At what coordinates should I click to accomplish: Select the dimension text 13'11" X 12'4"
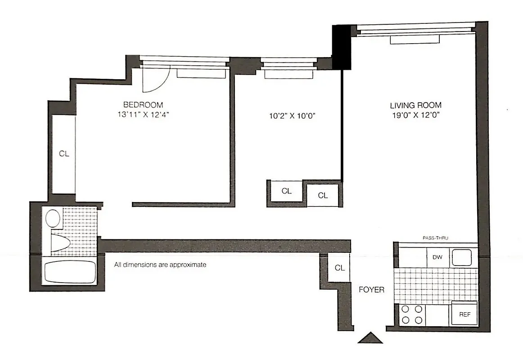[x=142, y=115]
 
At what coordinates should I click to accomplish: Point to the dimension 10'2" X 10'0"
[x=292, y=116]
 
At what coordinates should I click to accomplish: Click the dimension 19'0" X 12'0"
[x=415, y=115]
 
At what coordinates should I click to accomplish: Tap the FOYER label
[x=371, y=290]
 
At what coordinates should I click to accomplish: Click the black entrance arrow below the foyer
[x=370, y=337]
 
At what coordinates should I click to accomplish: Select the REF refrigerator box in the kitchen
[x=464, y=314]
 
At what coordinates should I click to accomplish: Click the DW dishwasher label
[x=437, y=258]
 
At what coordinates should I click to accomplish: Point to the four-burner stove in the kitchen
[x=412, y=315]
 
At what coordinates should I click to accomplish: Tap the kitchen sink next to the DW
[x=462, y=258]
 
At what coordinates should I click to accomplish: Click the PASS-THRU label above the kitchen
[x=435, y=238]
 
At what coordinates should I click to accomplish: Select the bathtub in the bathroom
[x=70, y=271]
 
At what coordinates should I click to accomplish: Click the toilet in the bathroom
[x=59, y=243]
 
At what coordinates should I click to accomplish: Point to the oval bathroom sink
[x=54, y=218]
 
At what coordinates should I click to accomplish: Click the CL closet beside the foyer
[x=340, y=268]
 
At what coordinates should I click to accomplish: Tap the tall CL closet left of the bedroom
[x=64, y=153]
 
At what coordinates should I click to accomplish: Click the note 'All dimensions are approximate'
[x=160, y=265]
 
